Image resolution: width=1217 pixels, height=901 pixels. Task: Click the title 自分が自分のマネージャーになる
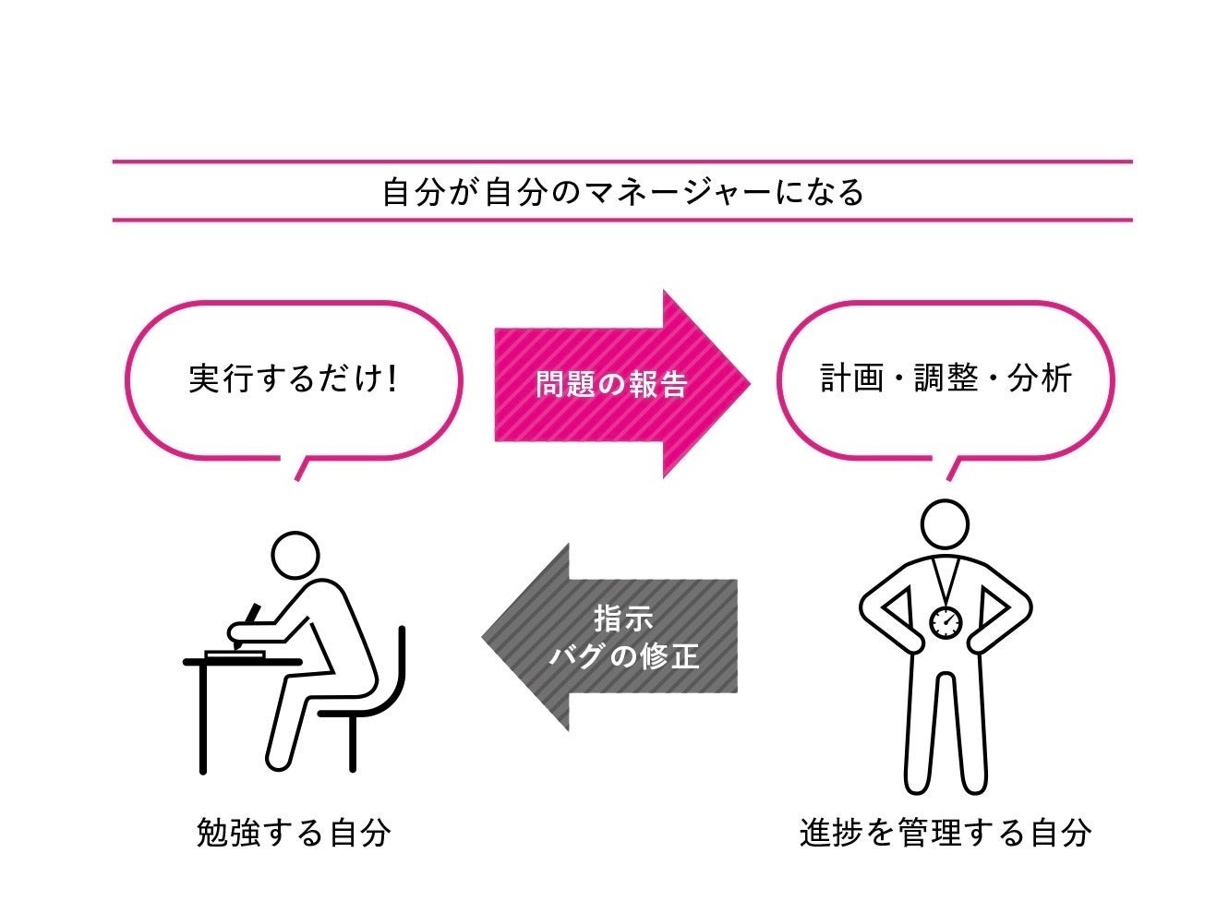coord(622,192)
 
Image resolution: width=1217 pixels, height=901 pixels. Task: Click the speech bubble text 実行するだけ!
coord(293,378)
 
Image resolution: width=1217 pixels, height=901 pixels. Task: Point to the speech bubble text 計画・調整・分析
coord(946,378)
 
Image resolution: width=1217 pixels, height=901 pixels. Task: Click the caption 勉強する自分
coord(294,833)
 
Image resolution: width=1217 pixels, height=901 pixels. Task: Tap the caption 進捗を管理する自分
coord(946,833)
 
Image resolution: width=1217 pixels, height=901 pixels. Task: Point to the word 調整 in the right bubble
coord(946,378)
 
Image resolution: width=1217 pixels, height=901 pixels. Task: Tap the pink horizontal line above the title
coord(622,162)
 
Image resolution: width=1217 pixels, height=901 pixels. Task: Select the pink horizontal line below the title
coord(622,220)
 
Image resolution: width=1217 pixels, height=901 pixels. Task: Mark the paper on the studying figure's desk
coord(235,654)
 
